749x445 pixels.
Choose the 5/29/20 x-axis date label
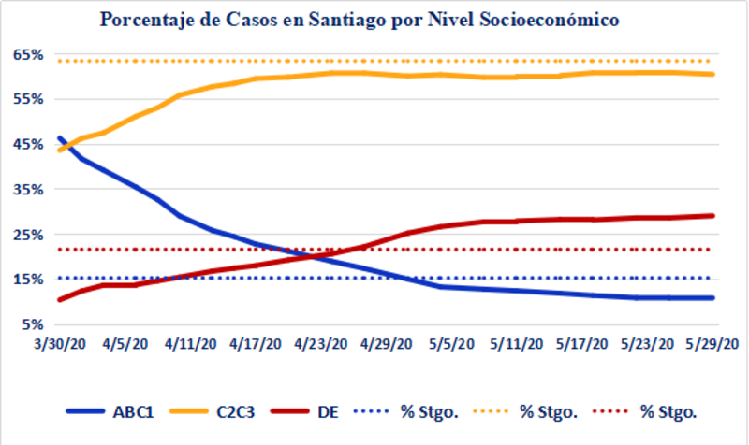click(715, 343)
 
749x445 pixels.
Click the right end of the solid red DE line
click(713, 216)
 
